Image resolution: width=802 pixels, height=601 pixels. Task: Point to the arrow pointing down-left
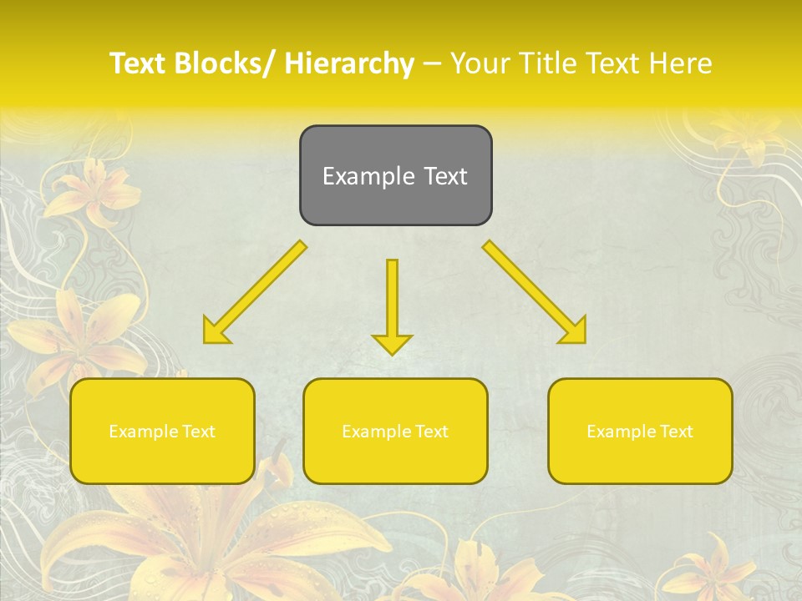(x=255, y=293)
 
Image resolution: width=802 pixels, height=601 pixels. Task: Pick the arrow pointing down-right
(x=534, y=291)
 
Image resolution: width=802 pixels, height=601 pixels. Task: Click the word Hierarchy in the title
(x=349, y=63)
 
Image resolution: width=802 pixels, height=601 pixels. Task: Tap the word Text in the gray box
(x=444, y=176)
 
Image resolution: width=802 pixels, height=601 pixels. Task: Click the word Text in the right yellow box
(x=676, y=432)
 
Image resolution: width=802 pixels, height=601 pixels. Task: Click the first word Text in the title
(x=140, y=63)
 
